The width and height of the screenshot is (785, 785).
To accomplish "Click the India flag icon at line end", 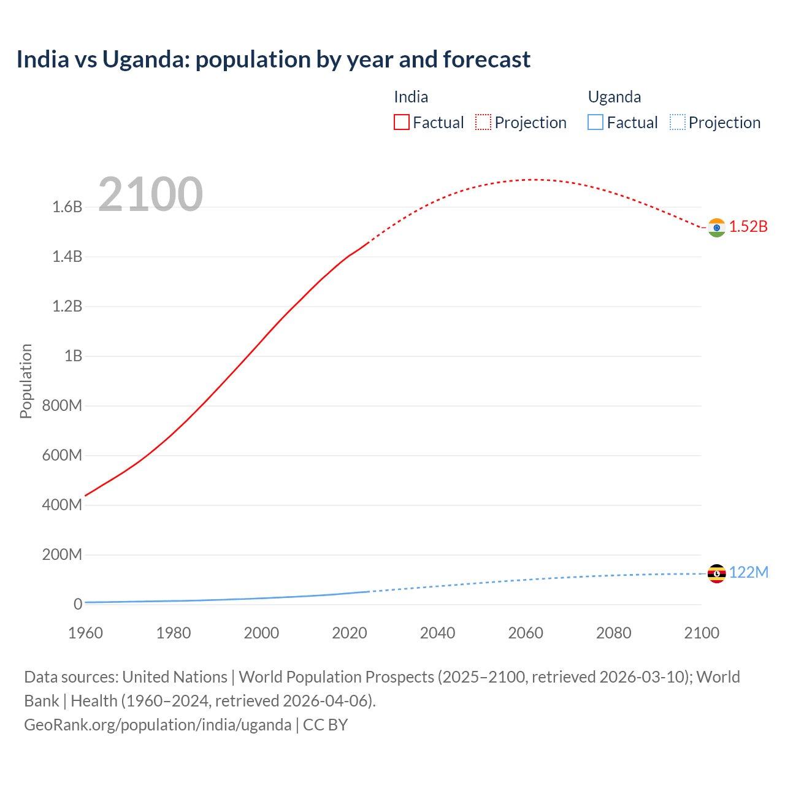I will pyautogui.click(x=716, y=228).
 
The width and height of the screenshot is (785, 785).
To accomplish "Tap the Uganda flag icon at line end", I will pyautogui.click(x=716, y=573).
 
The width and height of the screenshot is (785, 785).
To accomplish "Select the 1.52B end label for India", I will pyautogui.click(x=748, y=226).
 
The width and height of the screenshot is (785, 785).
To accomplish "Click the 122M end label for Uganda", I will pyautogui.click(x=748, y=572).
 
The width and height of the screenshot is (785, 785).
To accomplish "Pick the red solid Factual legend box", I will pyautogui.click(x=401, y=122).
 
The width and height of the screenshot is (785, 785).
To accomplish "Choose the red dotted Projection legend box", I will pyautogui.click(x=483, y=122).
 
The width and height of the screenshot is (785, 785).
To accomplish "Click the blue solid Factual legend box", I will pyautogui.click(x=595, y=122).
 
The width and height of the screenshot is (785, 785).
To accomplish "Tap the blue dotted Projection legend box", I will pyautogui.click(x=677, y=122).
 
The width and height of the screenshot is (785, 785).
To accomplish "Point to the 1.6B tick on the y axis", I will pyautogui.click(x=67, y=207).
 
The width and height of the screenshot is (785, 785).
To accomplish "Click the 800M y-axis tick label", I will pyautogui.click(x=62, y=405).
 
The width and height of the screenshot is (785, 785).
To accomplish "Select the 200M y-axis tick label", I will pyautogui.click(x=62, y=554).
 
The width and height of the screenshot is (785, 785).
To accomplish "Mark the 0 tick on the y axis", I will pyautogui.click(x=77, y=604).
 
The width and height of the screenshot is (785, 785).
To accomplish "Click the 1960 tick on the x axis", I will pyautogui.click(x=85, y=633).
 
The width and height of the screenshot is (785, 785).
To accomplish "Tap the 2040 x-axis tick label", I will pyautogui.click(x=437, y=633).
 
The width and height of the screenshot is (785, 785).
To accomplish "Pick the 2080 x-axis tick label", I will pyautogui.click(x=613, y=633).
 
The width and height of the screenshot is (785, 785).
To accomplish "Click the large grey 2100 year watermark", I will pyautogui.click(x=150, y=194).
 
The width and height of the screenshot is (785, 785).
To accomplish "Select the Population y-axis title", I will pyautogui.click(x=26, y=381).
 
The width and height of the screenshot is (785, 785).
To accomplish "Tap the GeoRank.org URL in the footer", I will pyautogui.click(x=158, y=724).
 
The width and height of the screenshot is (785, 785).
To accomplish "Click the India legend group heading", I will pyautogui.click(x=411, y=97).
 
